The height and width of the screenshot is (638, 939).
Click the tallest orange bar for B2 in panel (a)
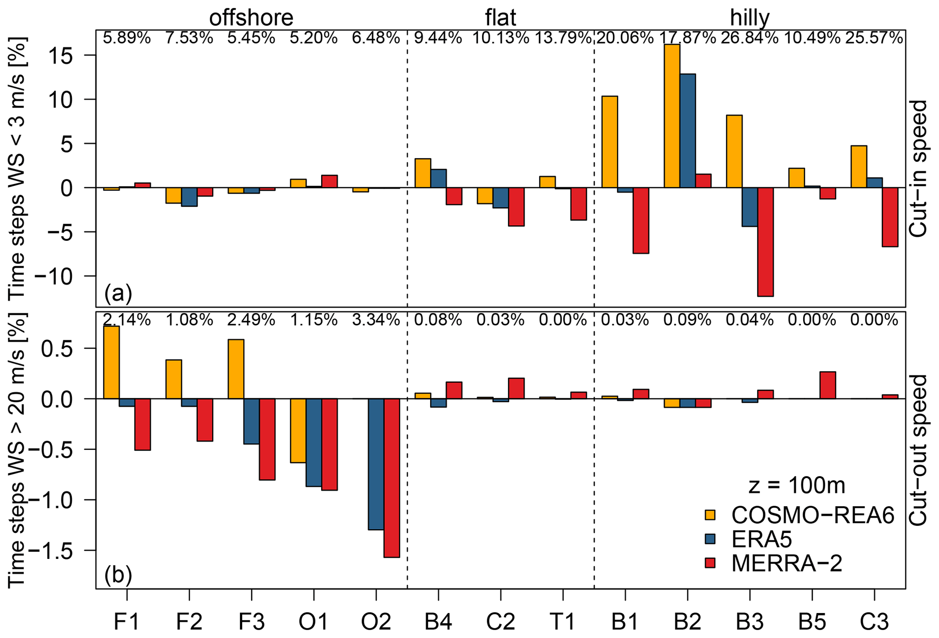click(671, 116)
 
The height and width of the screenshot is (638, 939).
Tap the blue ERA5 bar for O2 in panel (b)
click(376, 464)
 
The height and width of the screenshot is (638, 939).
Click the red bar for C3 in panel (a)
click(890, 217)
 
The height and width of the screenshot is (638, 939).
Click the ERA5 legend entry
click(761, 539)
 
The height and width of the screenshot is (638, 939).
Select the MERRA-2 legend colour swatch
click(710, 563)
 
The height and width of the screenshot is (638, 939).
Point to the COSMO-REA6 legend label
click(813, 515)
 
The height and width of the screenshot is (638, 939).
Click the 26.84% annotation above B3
click(750, 38)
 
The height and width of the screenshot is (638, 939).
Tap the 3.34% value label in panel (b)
click(376, 320)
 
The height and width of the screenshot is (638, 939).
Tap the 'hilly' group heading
click(750, 18)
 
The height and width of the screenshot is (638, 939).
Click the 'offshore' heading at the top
click(251, 18)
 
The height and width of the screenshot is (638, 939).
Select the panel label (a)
click(118, 294)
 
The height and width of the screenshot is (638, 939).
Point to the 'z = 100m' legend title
click(796, 486)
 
